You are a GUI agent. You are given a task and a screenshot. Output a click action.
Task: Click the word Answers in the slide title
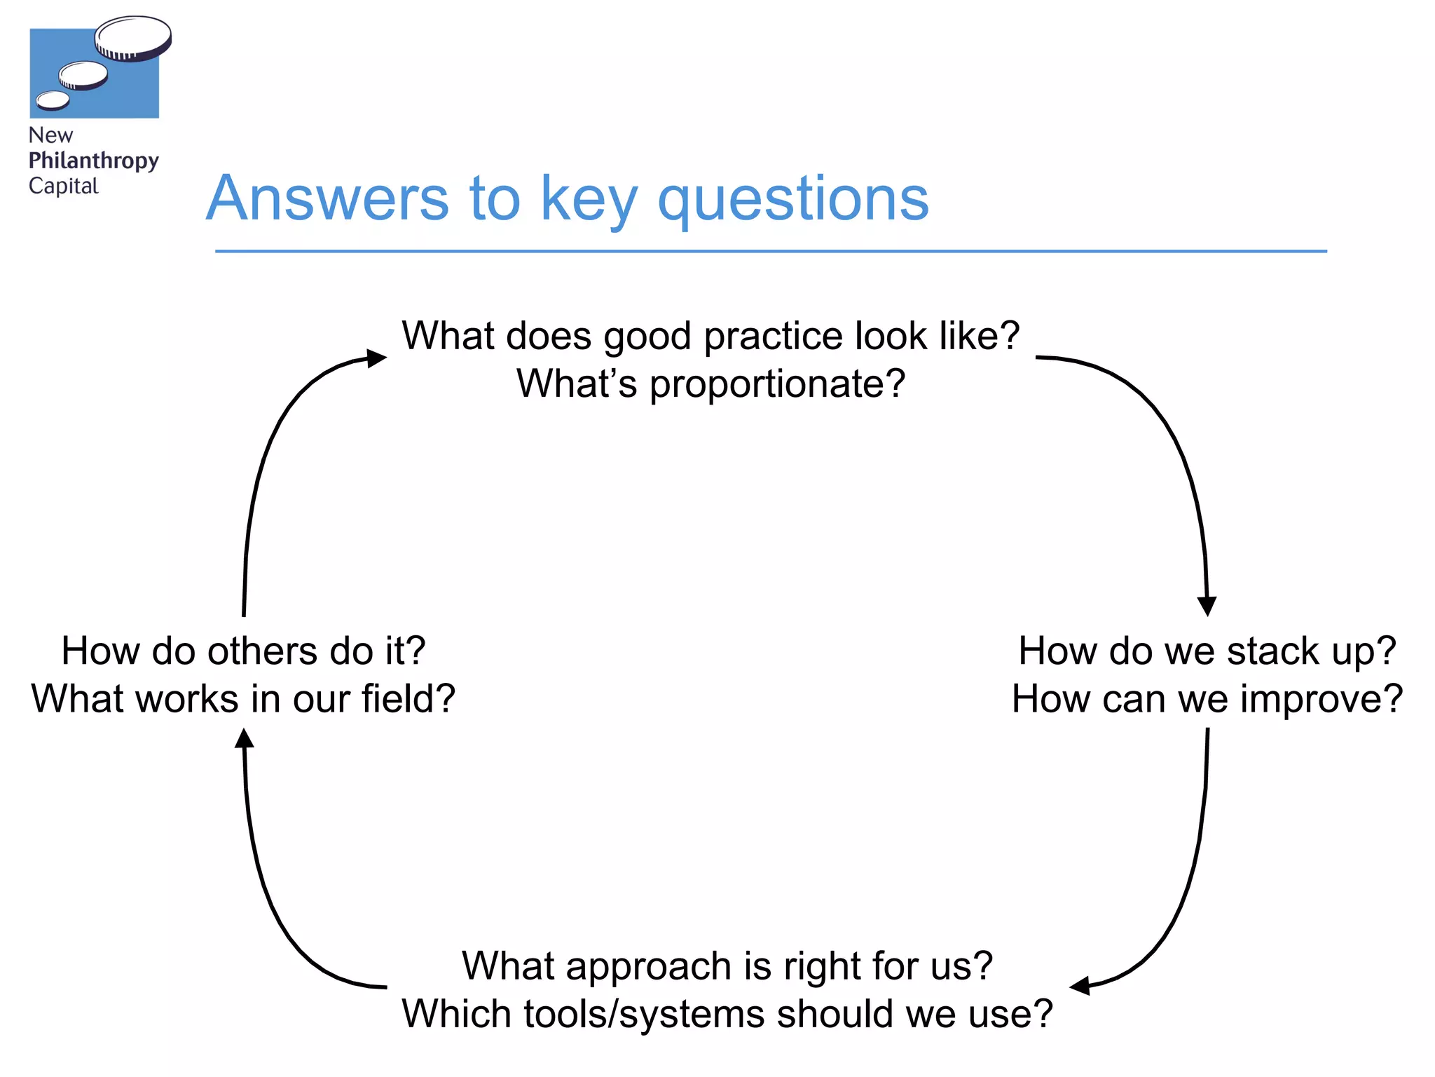(x=327, y=198)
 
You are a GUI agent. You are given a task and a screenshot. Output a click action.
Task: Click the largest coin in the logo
(x=133, y=37)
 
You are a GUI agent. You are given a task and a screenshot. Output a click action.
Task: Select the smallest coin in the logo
(x=53, y=101)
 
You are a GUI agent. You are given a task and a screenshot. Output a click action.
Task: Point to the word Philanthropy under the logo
(x=93, y=161)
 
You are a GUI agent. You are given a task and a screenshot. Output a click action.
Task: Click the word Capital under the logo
(x=63, y=186)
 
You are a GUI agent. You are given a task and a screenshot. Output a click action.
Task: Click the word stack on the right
(x=1273, y=651)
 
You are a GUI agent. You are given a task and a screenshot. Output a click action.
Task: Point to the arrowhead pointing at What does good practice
(x=377, y=358)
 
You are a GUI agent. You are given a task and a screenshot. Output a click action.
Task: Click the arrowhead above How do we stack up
(x=1207, y=606)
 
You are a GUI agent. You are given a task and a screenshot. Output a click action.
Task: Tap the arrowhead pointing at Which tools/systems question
(x=1080, y=986)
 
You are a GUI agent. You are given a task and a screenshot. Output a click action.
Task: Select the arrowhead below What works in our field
(x=244, y=738)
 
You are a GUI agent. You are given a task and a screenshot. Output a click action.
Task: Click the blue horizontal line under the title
(x=771, y=251)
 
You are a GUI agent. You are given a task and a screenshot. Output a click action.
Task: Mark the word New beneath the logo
(x=50, y=135)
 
